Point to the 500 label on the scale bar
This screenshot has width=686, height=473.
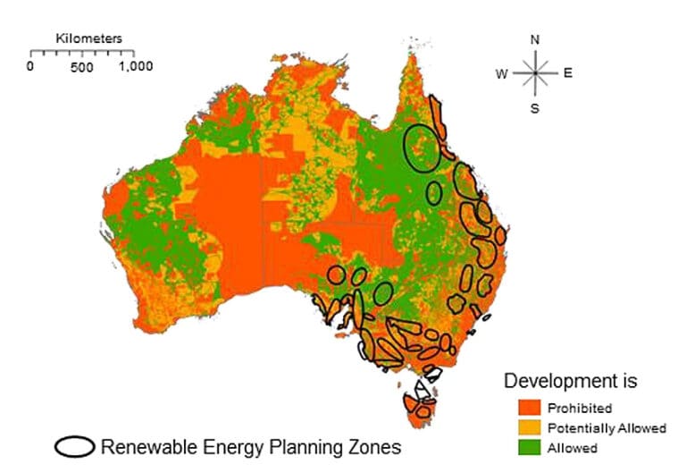coord(82,66)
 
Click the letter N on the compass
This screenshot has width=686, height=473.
coord(535,40)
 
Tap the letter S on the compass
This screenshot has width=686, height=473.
coord(535,108)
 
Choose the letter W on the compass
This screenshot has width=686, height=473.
coord(502,74)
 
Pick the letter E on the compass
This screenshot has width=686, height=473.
coord(567,73)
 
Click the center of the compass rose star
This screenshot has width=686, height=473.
coord(535,73)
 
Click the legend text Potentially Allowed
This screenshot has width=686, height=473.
coord(607,428)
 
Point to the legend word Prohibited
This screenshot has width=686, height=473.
coord(580,409)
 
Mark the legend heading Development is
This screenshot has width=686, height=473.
coord(571,381)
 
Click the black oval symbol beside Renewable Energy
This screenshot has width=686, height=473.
coord(75,445)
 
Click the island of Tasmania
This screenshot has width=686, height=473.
coord(422,407)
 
